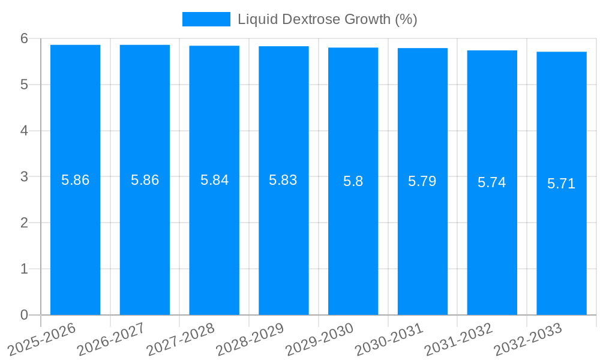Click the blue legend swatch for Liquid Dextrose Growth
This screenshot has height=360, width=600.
(x=206, y=19)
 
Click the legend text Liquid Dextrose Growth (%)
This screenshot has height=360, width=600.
(x=327, y=19)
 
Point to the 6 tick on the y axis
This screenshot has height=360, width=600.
(x=24, y=38)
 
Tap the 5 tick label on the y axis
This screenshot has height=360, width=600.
(x=24, y=85)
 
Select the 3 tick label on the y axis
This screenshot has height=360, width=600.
(x=24, y=177)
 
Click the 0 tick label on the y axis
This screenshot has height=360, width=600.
(x=24, y=315)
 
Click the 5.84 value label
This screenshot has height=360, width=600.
(x=214, y=180)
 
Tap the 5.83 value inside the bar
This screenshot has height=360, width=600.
(x=283, y=180)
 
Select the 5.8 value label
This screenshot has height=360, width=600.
(x=353, y=181)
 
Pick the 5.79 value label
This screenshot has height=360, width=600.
(x=422, y=181)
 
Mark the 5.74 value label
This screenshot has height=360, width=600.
(x=492, y=182)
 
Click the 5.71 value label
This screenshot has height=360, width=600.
(x=562, y=184)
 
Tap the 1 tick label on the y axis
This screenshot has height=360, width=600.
(x=24, y=269)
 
